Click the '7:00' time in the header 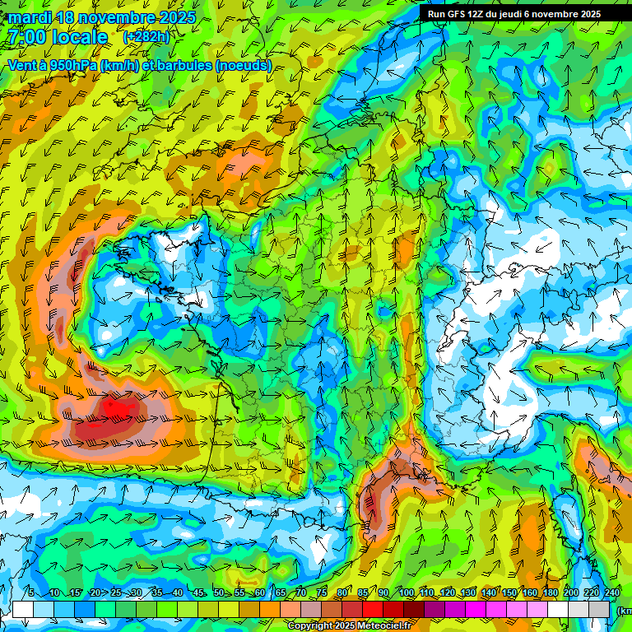[26, 37]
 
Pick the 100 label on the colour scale [406, 592]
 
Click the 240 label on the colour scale [612, 592]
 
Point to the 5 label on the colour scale [31, 592]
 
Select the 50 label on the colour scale [218, 592]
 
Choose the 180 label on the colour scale [550, 592]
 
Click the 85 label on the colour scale [362, 592]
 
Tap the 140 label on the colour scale [488, 592]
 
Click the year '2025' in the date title [176, 17]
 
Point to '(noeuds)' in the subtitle [244, 66]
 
